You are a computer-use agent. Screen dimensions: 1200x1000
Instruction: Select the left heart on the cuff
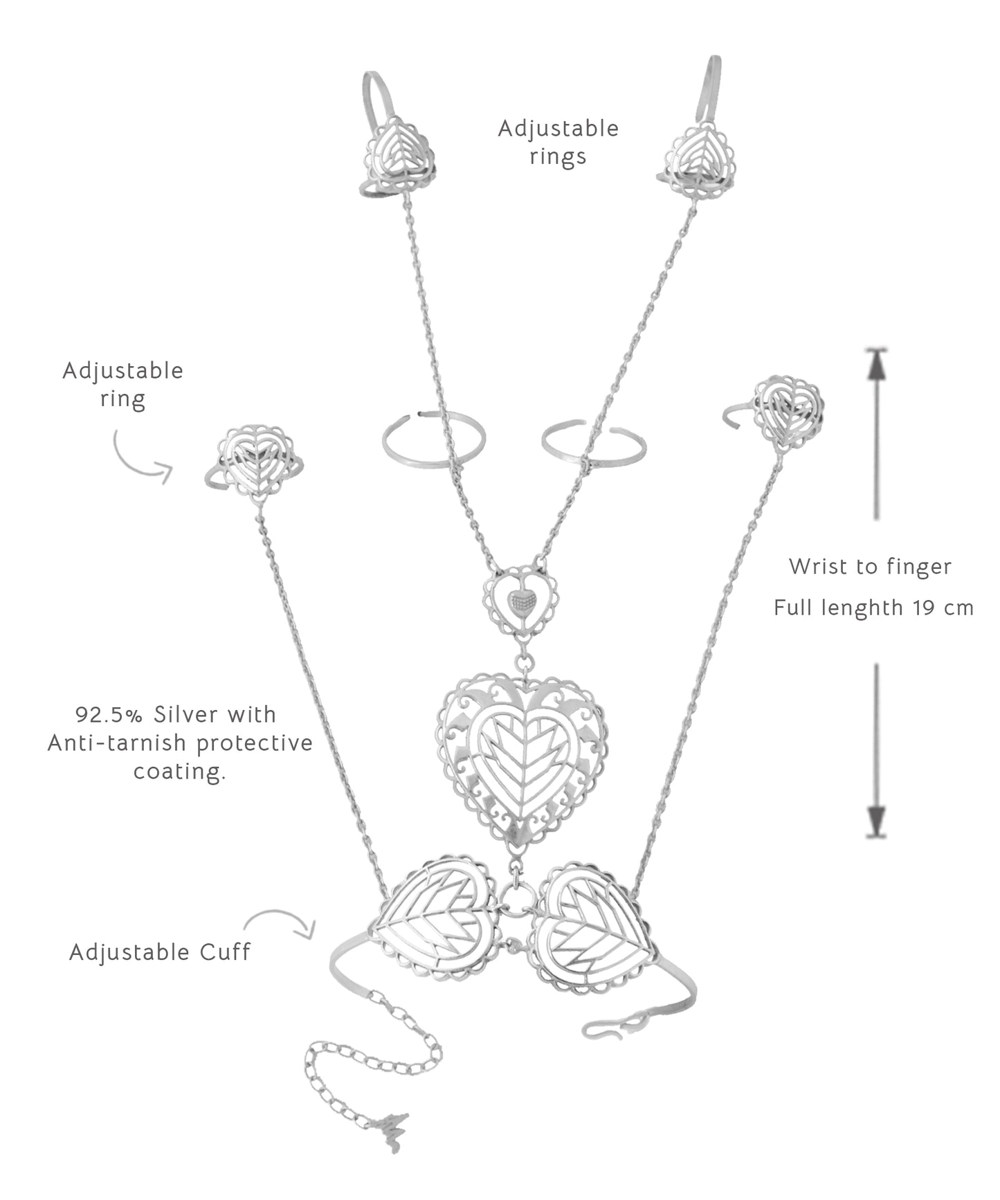435,919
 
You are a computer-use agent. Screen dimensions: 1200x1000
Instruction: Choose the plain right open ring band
594,443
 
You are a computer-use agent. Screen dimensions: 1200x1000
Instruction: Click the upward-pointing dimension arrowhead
876,367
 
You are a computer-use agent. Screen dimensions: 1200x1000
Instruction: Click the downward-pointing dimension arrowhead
876,820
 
